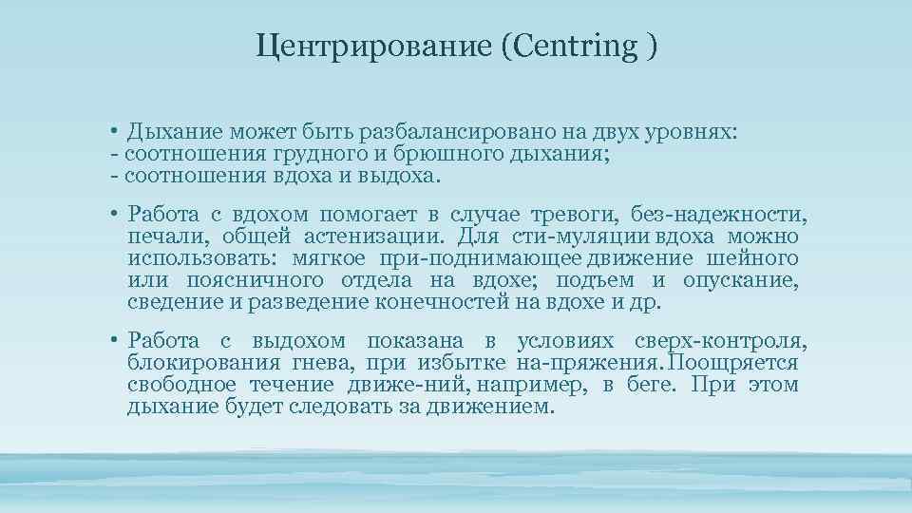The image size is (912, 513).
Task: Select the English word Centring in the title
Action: tap(576, 47)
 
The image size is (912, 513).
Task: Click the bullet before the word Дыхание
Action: tap(112, 133)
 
